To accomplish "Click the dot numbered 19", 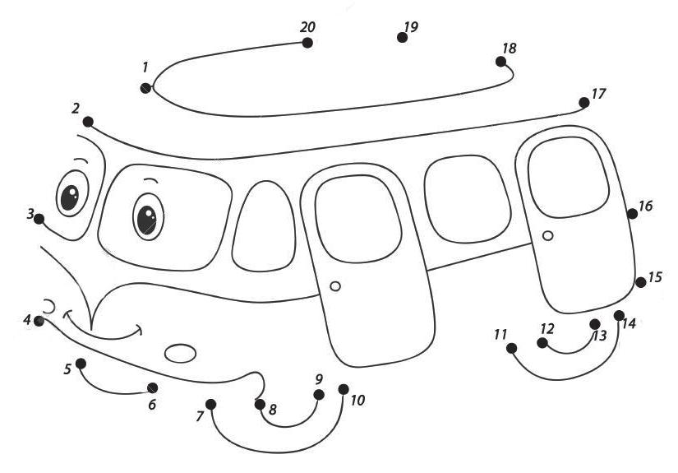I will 402,37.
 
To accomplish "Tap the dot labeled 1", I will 145,88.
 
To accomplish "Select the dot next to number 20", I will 307,43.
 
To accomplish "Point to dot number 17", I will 584,103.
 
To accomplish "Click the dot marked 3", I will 39,219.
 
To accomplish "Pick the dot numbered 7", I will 211,404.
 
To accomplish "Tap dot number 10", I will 344,389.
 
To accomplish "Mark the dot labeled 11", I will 511,348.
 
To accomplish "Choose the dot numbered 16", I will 632,214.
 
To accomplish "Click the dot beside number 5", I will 81,363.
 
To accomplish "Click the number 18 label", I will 510,49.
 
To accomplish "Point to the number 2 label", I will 76,108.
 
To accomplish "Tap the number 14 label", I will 629,324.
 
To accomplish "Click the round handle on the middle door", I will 334,286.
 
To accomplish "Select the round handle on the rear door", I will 548,236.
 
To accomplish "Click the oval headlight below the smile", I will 181,353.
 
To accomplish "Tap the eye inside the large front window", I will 148,216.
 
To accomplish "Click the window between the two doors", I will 463,199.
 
